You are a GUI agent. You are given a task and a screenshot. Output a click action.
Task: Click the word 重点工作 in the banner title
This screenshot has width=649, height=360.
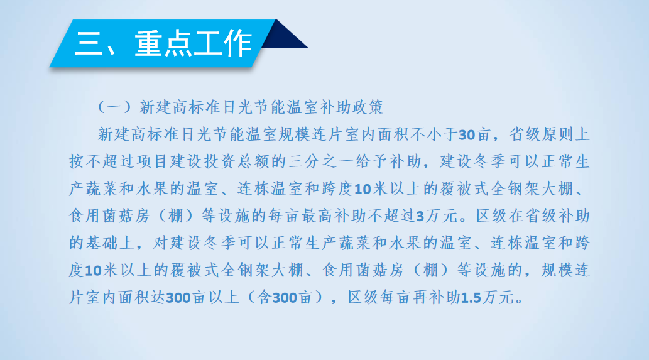click(x=194, y=43)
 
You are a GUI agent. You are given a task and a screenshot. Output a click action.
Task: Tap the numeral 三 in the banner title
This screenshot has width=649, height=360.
click(x=89, y=43)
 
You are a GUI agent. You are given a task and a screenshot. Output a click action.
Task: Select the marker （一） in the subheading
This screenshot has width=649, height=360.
click(x=114, y=107)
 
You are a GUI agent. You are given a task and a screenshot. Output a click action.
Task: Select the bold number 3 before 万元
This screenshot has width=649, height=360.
click(x=420, y=216)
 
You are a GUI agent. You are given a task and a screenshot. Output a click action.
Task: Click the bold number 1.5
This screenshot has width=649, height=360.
click(x=471, y=298)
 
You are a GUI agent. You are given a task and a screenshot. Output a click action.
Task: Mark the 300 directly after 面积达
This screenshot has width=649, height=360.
click(x=178, y=298)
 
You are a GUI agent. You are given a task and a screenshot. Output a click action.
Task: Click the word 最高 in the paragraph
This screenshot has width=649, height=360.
click(x=318, y=215)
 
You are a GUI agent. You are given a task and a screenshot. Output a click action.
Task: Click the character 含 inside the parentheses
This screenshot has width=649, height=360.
click(x=264, y=297)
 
